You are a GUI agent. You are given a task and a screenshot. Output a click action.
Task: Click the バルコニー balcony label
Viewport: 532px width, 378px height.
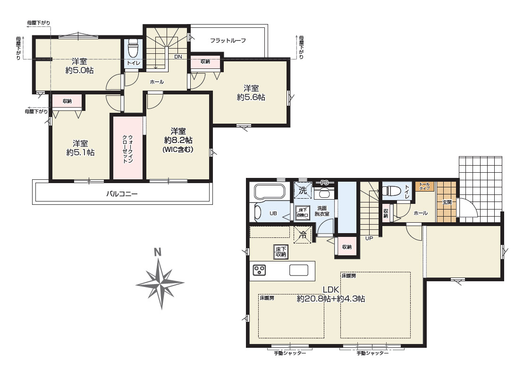click(x=122, y=194)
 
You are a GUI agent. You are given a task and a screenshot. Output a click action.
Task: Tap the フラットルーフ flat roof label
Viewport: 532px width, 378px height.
click(x=228, y=41)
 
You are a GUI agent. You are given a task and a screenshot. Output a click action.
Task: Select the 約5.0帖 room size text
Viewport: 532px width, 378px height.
click(x=79, y=71)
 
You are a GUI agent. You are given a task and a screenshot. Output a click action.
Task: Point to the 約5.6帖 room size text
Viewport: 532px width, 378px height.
click(x=251, y=97)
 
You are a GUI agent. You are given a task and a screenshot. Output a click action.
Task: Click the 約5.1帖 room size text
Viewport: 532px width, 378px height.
click(x=80, y=152)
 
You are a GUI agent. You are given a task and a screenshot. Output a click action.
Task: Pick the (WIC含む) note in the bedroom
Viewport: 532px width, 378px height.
click(x=178, y=149)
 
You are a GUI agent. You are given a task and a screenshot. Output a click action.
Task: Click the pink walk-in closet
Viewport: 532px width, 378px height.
click(x=128, y=148)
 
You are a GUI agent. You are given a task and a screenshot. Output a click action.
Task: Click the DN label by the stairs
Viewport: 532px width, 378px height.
click(x=178, y=57)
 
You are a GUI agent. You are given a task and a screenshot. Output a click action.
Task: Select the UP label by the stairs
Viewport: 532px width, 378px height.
click(x=369, y=238)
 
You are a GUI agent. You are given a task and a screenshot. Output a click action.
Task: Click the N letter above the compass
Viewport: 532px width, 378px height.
click(x=157, y=252)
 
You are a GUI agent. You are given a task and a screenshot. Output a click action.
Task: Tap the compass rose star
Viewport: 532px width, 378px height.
click(x=160, y=284)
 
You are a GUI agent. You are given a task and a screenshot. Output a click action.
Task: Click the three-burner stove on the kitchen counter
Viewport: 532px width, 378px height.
click(x=260, y=270)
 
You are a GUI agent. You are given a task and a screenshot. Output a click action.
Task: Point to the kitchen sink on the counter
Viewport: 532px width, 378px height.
click(x=298, y=270)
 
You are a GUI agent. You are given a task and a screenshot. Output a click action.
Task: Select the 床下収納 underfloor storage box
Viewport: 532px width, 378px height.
click(x=281, y=252)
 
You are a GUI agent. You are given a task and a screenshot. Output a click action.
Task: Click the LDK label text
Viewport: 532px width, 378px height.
click(x=331, y=289)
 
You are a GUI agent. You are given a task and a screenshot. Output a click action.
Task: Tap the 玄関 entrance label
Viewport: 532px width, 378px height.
click(x=447, y=202)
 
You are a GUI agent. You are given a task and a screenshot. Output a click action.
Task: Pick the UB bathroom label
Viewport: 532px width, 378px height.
click(x=273, y=213)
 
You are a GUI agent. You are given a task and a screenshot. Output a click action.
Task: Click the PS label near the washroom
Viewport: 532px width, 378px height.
click(x=324, y=183)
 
